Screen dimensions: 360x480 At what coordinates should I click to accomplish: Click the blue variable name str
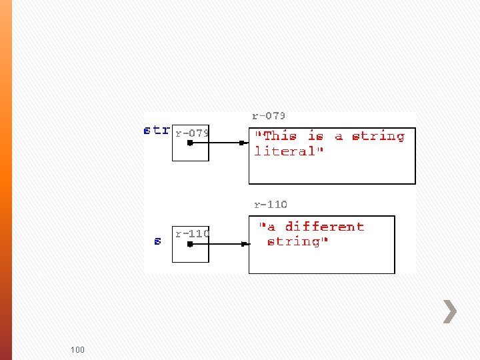coord(157,130)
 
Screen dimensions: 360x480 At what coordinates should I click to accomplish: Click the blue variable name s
coord(157,241)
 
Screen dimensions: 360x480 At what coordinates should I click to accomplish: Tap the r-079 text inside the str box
coord(192,133)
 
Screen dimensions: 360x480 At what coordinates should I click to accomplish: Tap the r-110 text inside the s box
coord(192,233)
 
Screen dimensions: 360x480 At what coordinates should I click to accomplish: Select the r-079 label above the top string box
coord(269,116)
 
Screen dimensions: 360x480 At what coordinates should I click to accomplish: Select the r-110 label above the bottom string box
coord(271,204)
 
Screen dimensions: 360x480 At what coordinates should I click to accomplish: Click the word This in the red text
coord(278,136)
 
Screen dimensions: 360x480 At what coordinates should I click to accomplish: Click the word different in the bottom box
coord(325,227)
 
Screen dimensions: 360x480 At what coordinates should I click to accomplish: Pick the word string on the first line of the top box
coord(378,136)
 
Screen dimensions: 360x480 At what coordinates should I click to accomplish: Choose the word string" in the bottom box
coord(297,241)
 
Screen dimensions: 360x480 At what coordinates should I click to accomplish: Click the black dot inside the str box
coord(190,143)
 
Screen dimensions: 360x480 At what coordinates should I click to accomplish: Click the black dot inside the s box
coord(190,244)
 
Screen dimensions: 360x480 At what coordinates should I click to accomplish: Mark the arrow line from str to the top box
coord(217,143)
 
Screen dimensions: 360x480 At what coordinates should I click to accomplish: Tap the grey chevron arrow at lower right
coord(450,311)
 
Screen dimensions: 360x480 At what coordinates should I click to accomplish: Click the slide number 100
coord(77,349)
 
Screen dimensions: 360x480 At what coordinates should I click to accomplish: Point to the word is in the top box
coord(315,136)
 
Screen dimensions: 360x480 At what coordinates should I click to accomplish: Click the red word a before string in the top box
coord(339,136)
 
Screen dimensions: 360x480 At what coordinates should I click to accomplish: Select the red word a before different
coord(271,227)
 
